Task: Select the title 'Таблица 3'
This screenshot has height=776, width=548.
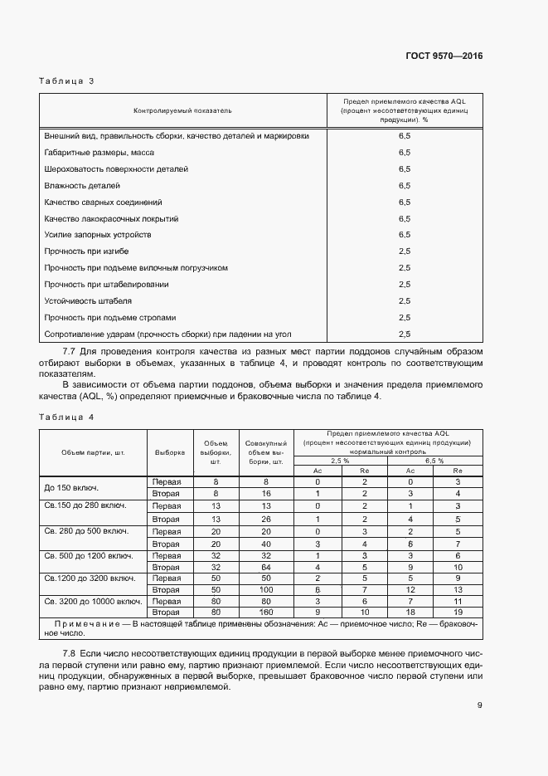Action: [x=66, y=81]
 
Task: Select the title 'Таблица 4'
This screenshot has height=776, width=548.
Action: [x=66, y=417]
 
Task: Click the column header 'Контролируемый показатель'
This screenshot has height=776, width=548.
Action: [x=183, y=110]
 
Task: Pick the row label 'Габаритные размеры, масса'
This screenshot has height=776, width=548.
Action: [x=99, y=153]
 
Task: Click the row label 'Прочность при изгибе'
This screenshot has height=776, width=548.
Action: [x=86, y=251]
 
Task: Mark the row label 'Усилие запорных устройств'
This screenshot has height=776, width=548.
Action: [x=97, y=235]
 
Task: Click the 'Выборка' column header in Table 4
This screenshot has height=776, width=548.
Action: [x=170, y=452]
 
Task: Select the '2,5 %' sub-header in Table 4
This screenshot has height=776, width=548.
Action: [x=341, y=460]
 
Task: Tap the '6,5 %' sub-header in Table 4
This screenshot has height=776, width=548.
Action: [x=434, y=460]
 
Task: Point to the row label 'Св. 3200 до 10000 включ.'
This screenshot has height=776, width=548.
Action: [x=93, y=600]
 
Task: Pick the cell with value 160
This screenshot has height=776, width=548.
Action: [x=265, y=612]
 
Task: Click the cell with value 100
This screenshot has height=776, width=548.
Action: [x=265, y=588]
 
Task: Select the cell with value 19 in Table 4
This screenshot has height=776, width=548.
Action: [x=458, y=612]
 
